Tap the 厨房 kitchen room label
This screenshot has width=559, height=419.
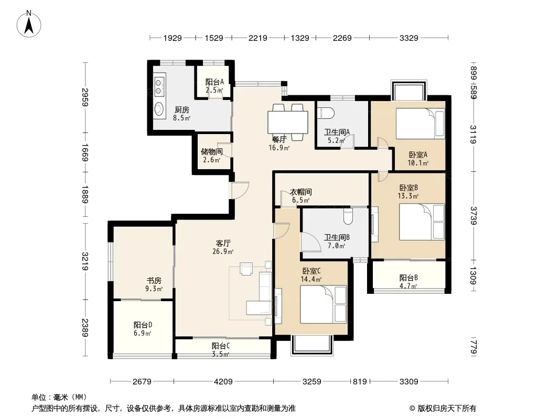tap(181, 109)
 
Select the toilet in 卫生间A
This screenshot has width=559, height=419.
tap(326, 113)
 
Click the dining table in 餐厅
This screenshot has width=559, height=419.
tap(288, 122)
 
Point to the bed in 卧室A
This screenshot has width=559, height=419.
tap(421, 123)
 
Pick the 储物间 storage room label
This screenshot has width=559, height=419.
tap(211, 152)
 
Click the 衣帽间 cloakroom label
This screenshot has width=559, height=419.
tap(300, 192)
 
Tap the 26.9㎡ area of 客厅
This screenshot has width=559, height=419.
tap(223, 252)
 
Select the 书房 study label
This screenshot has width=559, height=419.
tap(154, 281)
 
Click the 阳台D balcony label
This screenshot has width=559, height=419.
tap(143, 325)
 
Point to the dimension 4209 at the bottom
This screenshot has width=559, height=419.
tap(223, 382)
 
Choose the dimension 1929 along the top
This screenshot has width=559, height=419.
tap(173, 38)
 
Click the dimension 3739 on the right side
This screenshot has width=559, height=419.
tap(474, 216)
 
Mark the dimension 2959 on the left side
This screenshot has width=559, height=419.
tap(85, 97)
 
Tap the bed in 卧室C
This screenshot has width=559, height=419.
tap(324, 304)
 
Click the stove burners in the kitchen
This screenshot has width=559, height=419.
tap(159, 86)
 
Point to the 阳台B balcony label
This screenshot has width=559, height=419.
tap(408, 278)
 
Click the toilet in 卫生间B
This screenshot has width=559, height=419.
tap(348, 216)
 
